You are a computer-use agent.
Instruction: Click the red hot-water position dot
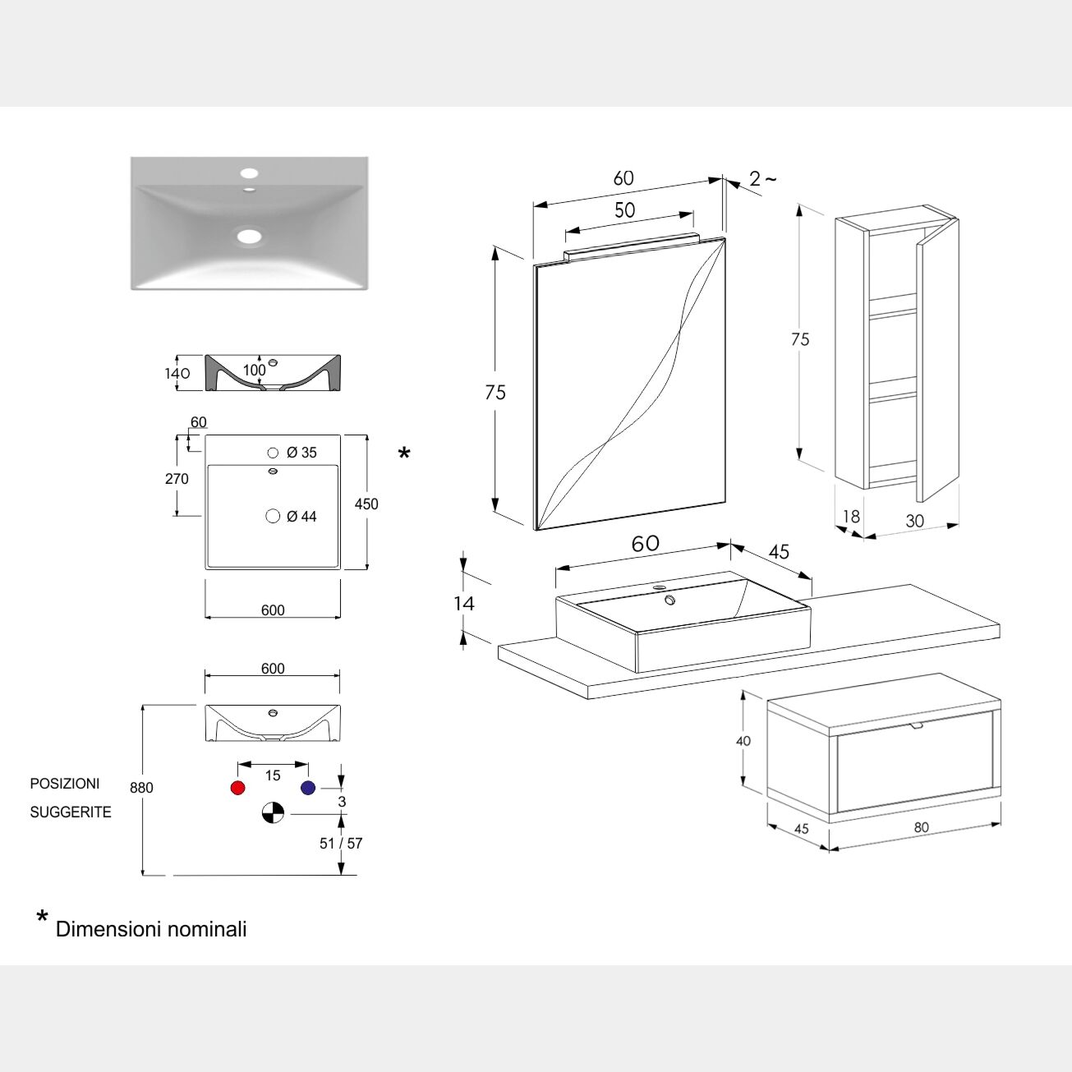(x=238, y=788)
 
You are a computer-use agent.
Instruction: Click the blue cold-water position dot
(x=308, y=788)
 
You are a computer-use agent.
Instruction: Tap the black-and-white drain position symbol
(x=273, y=812)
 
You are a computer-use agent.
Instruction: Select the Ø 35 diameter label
(x=301, y=453)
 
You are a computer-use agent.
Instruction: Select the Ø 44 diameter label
(x=301, y=517)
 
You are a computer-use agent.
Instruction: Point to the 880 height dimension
(x=141, y=788)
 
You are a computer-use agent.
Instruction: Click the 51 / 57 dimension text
(x=341, y=844)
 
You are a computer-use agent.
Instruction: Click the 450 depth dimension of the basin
(x=366, y=504)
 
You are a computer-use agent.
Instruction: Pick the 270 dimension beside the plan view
(x=177, y=479)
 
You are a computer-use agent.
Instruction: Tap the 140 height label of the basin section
(x=177, y=374)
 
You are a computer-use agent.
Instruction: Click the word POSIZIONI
(x=65, y=784)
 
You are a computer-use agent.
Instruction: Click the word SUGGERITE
(x=71, y=812)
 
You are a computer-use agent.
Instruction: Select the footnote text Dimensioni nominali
(x=151, y=929)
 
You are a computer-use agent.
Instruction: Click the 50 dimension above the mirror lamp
(x=625, y=210)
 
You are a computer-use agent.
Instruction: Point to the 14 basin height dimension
(x=464, y=604)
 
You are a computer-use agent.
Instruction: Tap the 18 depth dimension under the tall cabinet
(x=851, y=517)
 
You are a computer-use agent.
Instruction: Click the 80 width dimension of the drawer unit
(x=922, y=827)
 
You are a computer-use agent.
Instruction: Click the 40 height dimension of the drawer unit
(x=743, y=741)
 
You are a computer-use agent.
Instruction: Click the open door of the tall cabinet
(x=937, y=361)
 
